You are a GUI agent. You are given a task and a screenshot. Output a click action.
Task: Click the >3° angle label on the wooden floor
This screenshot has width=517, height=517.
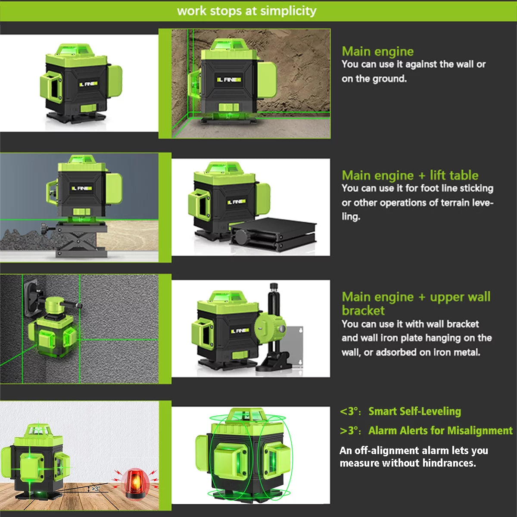pyautogui.click(x=96, y=489)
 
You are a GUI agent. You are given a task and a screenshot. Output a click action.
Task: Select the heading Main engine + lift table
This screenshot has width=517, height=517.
pyautogui.click(x=410, y=175)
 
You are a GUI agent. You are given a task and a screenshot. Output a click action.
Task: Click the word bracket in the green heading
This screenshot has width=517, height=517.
pyautogui.click(x=363, y=311)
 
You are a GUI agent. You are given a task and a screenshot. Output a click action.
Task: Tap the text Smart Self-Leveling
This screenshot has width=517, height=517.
pyautogui.click(x=414, y=411)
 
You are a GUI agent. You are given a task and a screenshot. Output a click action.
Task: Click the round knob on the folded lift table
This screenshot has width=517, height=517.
pyautogui.click(x=241, y=236)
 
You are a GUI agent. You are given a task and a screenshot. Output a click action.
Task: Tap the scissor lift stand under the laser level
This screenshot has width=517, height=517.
pyautogui.click(x=81, y=240)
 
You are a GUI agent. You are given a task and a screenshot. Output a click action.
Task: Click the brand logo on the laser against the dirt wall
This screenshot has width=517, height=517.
pyautogui.click(x=229, y=80)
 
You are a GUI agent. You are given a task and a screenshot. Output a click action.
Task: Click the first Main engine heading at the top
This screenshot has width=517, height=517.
pyautogui.click(x=377, y=51)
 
